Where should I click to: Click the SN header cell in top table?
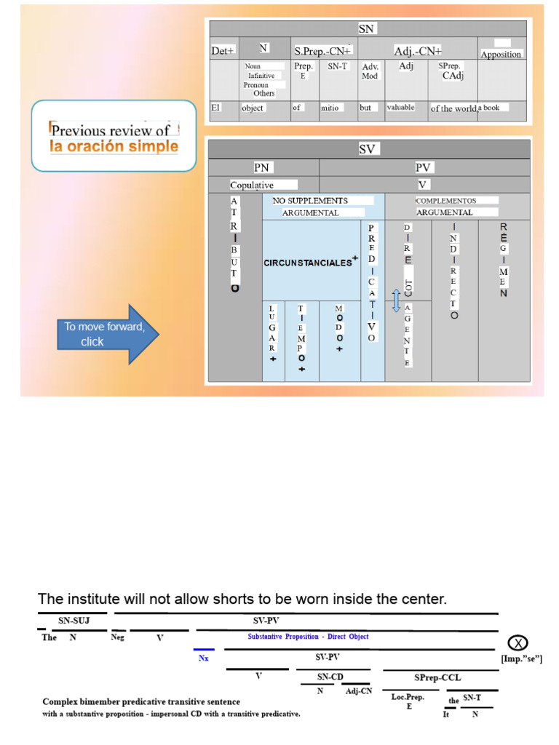pyautogui.click(x=366, y=28)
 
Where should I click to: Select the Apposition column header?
pyautogui.click(x=501, y=55)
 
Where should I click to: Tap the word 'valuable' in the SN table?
pyautogui.click(x=400, y=108)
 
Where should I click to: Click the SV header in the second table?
pyautogui.click(x=366, y=149)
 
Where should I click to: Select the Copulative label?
pyautogui.click(x=251, y=185)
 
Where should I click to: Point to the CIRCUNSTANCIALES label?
pyautogui.click(x=308, y=263)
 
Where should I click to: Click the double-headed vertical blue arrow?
pyautogui.click(x=397, y=300)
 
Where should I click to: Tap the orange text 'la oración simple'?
pyautogui.click(x=114, y=146)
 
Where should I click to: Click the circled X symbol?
pyautogui.click(x=518, y=642)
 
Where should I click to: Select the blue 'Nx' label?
pyautogui.click(x=203, y=658)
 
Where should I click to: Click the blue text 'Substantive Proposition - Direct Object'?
pyautogui.click(x=308, y=637)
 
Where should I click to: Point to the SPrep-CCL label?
pyautogui.click(x=437, y=677)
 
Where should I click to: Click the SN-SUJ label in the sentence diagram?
pyautogui.click(x=74, y=621)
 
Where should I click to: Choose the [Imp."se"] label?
pyautogui.click(x=522, y=658)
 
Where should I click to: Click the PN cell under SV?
pyautogui.click(x=262, y=167)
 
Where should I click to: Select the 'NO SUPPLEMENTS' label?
pyautogui.click(x=310, y=200)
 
